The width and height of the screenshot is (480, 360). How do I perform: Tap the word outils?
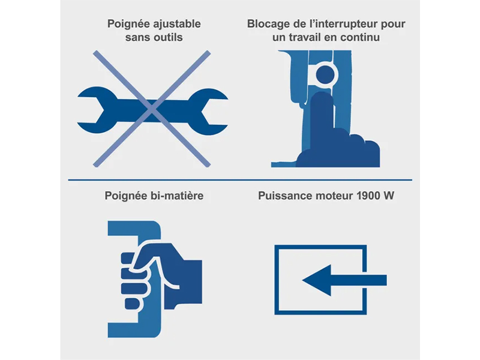(168, 37)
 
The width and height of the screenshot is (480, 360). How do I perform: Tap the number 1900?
(368, 196)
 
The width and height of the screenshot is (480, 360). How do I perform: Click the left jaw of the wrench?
(97, 110)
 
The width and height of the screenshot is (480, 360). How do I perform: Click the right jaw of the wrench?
(208, 112)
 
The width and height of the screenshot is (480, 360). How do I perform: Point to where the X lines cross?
(152, 109)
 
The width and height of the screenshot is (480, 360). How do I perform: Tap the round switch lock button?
(325, 74)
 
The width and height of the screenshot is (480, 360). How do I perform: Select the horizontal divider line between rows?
(240, 180)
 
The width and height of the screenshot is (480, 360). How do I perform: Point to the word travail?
(304, 37)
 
